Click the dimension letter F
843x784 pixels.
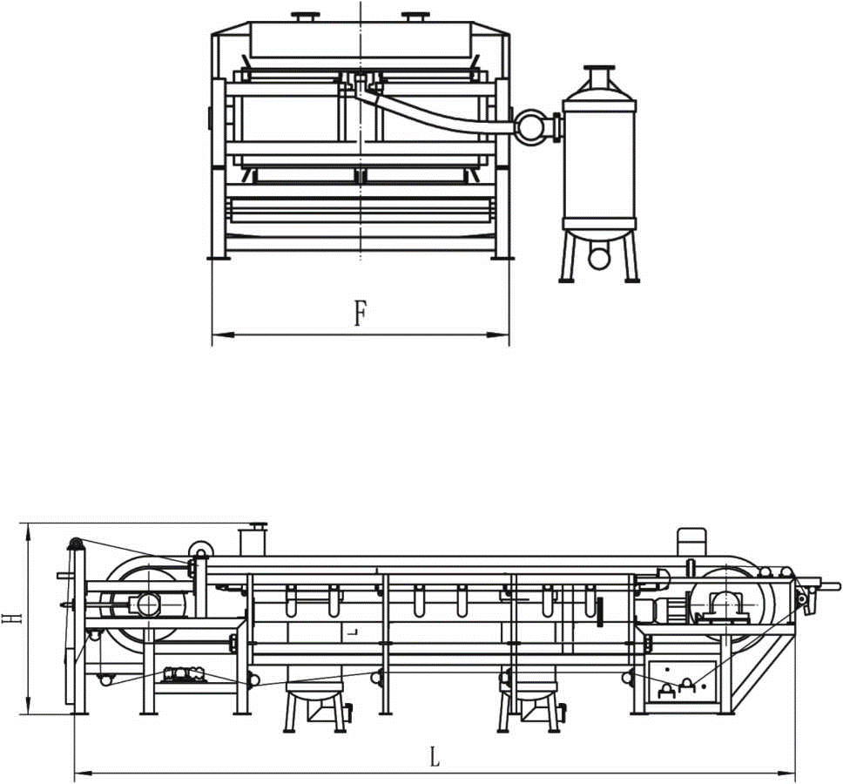(361, 314)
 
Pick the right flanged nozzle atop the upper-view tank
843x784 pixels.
(413, 17)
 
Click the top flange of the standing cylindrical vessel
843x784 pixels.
(599, 68)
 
